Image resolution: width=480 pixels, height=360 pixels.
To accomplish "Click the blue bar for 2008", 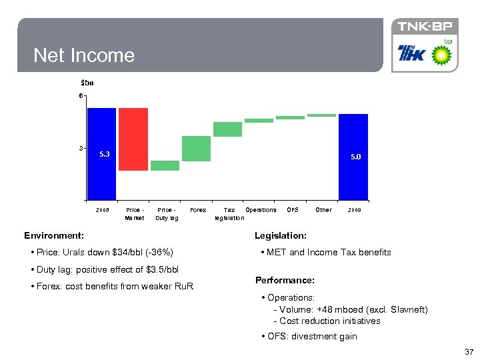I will (x=102, y=153).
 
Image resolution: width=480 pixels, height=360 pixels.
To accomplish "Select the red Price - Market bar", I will (x=133, y=139).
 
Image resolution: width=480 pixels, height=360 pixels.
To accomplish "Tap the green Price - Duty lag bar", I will (x=165, y=165).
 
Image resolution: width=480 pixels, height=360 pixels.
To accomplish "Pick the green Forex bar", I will (x=196, y=149).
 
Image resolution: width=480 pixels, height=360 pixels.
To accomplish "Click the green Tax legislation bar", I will (x=227, y=129).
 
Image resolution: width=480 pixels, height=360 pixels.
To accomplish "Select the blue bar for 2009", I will (x=353, y=157).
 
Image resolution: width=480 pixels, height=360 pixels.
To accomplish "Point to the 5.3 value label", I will (x=105, y=154).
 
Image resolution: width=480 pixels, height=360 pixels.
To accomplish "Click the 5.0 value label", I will (x=356, y=157).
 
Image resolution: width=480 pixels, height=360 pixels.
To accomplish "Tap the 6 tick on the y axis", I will (x=81, y=96).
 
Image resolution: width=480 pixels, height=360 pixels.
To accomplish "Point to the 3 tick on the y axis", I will (x=81, y=148).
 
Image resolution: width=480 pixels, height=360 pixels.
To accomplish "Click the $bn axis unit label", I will (x=87, y=83).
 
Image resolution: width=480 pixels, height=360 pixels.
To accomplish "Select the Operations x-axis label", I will (x=261, y=210).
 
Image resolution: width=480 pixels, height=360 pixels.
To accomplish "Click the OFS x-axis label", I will (x=292, y=210).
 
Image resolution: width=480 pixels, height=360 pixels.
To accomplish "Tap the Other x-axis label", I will (x=323, y=210).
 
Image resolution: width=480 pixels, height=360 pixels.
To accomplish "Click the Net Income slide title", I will (x=84, y=55).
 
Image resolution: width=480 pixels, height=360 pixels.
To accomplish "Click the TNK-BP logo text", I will (x=425, y=27).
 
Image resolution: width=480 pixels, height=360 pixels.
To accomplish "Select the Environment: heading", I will (x=54, y=235).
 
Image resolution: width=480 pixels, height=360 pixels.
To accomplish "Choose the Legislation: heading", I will (x=281, y=235).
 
